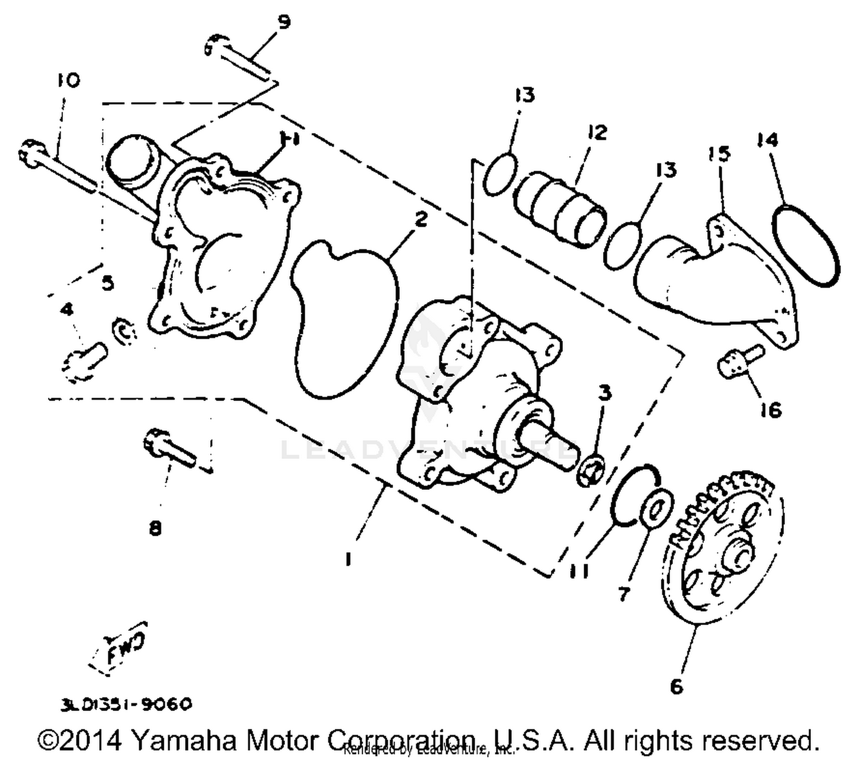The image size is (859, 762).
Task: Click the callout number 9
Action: coord(283,23)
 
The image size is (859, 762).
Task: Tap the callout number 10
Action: coord(68,80)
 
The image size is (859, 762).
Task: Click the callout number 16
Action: coord(771,410)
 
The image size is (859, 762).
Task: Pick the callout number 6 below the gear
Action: coord(677,686)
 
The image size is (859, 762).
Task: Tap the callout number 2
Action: coord(421,219)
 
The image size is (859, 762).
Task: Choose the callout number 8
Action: coord(155,527)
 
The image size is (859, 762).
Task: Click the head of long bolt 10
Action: coord(29,150)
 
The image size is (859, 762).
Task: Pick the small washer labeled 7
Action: coord(656,507)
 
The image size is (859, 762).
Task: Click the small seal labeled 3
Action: coord(590,470)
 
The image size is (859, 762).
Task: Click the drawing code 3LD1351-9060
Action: coord(126,704)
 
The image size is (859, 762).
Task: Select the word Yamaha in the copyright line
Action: coord(184,740)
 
